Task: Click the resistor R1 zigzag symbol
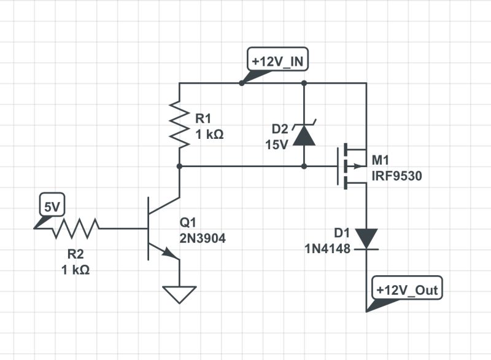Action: point(179,125)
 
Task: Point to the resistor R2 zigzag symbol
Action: point(75,229)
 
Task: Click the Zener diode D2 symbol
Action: point(304,135)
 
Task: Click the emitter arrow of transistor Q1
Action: point(168,252)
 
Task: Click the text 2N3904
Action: point(203,239)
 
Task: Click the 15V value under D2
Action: point(276,146)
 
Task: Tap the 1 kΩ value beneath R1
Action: point(209,133)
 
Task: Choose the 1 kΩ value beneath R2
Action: point(75,270)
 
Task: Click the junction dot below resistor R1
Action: point(179,166)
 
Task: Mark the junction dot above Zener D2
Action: point(304,83)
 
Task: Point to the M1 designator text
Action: point(381,162)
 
